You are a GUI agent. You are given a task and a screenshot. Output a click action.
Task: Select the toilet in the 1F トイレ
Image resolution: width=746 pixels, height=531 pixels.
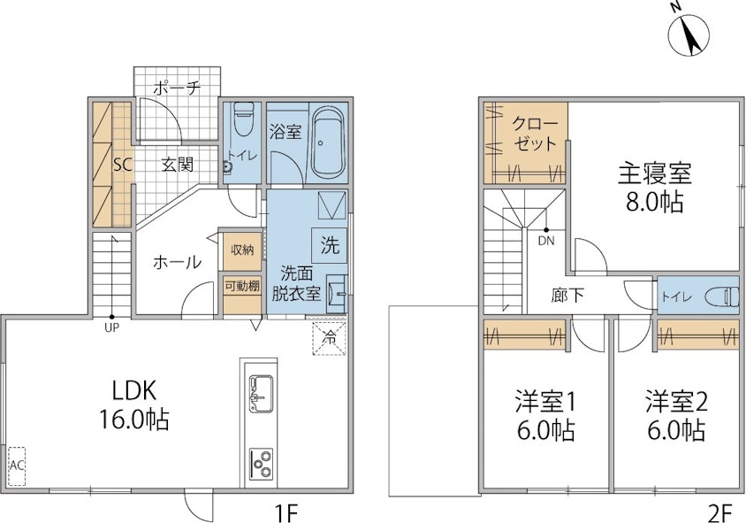pyautogui.click(x=243, y=111)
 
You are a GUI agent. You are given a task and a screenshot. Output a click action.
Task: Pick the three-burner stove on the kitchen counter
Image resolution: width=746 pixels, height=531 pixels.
pyautogui.click(x=261, y=464)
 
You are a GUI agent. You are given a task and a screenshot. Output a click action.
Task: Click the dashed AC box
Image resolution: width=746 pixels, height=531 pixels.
pyautogui.click(x=17, y=466)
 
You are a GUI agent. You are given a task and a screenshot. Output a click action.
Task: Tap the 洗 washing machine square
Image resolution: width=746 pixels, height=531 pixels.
pyautogui.click(x=329, y=245)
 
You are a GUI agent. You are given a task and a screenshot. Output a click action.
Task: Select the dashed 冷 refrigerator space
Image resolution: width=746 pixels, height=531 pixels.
pyautogui.click(x=329, y=339)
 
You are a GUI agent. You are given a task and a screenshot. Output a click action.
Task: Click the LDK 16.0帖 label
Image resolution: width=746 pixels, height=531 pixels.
pyautogui.click(x=134, y=405)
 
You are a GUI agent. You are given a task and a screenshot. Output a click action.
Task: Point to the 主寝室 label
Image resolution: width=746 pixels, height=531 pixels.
pyautogui.click(x=655, y=173)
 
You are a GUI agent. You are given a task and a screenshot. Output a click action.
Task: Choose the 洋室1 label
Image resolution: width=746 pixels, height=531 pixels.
pyautogui.click(x=545, y=403)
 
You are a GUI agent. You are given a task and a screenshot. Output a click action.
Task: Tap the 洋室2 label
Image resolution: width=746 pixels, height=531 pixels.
pyautogui.click(x=676, y=403)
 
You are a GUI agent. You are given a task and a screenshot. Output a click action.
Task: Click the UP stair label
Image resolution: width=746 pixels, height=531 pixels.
pyautogui.click(x=111, y=327)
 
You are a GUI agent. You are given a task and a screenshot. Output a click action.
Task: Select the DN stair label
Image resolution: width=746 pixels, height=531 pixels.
pyautogui.click(x=546, y=241)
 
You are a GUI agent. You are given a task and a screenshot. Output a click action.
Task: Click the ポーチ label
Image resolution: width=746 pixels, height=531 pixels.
pyautogui.click(x=177, y=88)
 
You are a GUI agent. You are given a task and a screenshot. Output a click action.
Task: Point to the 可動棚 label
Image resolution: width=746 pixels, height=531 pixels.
pyautogui.click(x=241, y=286)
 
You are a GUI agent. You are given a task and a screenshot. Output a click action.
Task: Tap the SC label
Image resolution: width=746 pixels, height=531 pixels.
pyautogui.click(x=122, y=165)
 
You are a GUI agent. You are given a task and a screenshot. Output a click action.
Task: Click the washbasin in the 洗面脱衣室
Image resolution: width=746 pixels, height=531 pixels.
pyautogui.click(x=337, y=294)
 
